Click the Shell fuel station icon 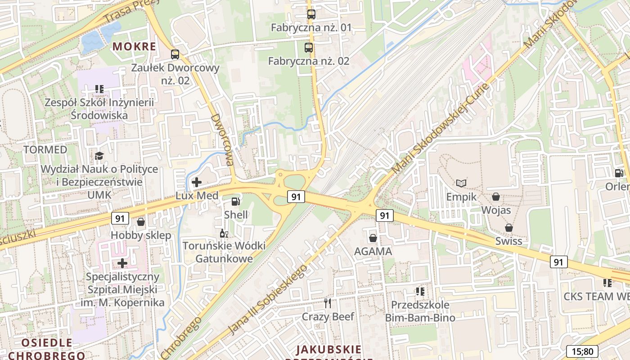point(235,202)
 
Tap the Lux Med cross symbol point(197,182)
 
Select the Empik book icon point(461,183)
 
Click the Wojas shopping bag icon point(496,197)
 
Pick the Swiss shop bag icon point(509,228)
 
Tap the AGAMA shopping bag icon point(373,238)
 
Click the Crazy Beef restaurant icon point(328,303)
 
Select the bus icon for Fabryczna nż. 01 point(311,14)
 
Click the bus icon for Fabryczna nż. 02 point(309,48)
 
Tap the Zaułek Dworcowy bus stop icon point(175,55)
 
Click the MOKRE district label point(134,46)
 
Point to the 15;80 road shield point(582,351)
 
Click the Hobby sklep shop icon point(141,222)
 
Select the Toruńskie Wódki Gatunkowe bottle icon point(224,233)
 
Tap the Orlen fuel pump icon point(619,173)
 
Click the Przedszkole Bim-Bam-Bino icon point(420,292)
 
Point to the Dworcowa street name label point(223,139)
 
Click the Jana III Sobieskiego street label point(269,299)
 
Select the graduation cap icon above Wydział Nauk point(99,156)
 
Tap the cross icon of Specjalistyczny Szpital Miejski point(122,263)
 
